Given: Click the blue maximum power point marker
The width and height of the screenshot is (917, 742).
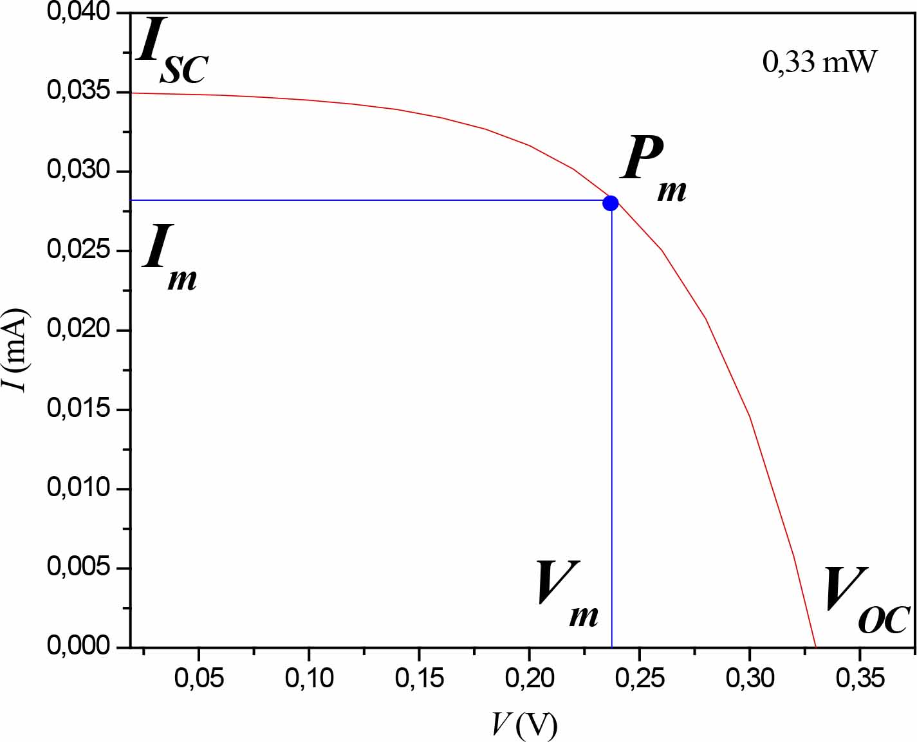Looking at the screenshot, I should point(610,203).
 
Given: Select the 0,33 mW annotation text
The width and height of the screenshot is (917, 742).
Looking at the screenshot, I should point(819,62).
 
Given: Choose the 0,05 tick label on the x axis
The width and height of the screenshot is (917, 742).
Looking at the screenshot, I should point(199,678).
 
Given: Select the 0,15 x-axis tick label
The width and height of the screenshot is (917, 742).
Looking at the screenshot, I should point(419,678).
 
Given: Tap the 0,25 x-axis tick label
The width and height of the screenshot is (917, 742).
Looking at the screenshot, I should point(639,678).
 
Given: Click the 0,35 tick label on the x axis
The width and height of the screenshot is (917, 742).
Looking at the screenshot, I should point(860,678).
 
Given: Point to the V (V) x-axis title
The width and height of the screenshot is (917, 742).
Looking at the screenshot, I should point(524,725).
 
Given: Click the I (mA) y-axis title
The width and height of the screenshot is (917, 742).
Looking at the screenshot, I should point(17,351).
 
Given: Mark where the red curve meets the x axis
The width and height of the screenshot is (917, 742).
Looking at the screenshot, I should point(816,646).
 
